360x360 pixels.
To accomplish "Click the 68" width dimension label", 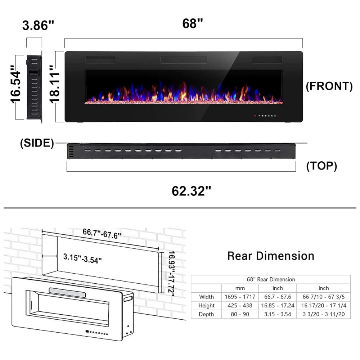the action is click(192, 23).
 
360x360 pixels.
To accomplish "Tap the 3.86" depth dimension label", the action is click(38, 25).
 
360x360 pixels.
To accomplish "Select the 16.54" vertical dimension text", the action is click(15, 84).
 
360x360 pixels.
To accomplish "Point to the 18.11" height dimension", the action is click(55, 84).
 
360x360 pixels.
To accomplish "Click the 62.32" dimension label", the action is click(191, 191).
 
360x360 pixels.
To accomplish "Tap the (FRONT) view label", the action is click(329, 86).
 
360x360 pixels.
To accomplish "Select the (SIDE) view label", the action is click(37, 143).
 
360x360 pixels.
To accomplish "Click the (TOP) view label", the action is click(321, 166).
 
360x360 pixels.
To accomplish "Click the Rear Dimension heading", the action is click(271, 256).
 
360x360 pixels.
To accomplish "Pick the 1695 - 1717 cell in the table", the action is click(240, 297).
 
